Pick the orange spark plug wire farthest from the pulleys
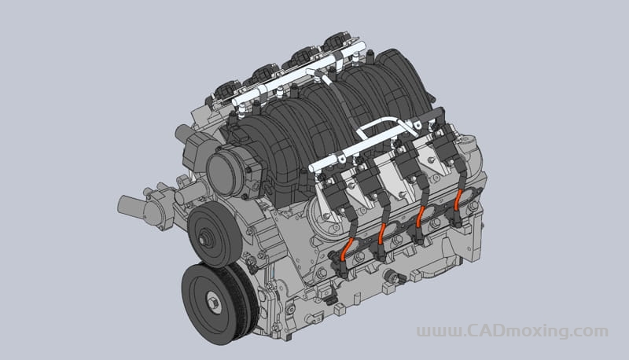458,199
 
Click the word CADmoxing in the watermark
524,331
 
